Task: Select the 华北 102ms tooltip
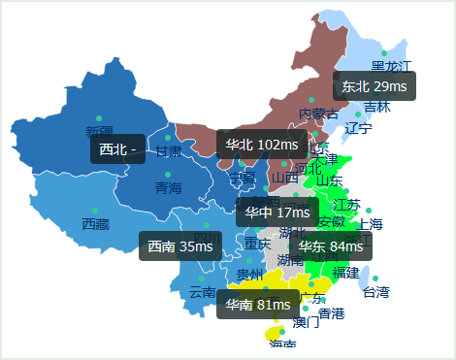click(x=261, y=145)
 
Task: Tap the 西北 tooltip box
click(x=118, y=149)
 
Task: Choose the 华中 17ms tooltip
click(x=277, y=212)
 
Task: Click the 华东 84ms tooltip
click(x=331, y=246)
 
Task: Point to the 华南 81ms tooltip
click(x=258, y=305)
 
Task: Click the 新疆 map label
click(x=99, y=131)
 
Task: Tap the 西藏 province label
click(x=95, y=224)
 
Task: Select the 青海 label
click(x=168, y=188)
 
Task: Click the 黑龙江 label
click(x=392, y=66)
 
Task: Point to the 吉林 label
click(x=377, y=107)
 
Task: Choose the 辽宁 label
click(x=358, y=128)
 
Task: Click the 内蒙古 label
click(x=318, y=114)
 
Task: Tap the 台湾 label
click(x=375, y=291)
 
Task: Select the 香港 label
click(x=331, y=313)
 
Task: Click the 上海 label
click(x=371, y=224)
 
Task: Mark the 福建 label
click(x=345, y=273)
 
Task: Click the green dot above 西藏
click(x=95, y=211)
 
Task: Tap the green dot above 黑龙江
click(x=384, y=53)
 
